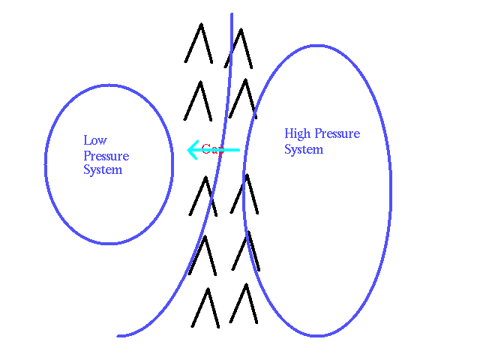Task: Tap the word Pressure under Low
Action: click(x=106, y=156)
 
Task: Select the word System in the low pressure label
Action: click(x=102, y=170)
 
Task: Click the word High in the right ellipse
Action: click(x=297, y=134)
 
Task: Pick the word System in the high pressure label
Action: click(x=303, y=149)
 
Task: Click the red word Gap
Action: click(x=212, y=149)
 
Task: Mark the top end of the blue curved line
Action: click(x=231, y=14)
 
